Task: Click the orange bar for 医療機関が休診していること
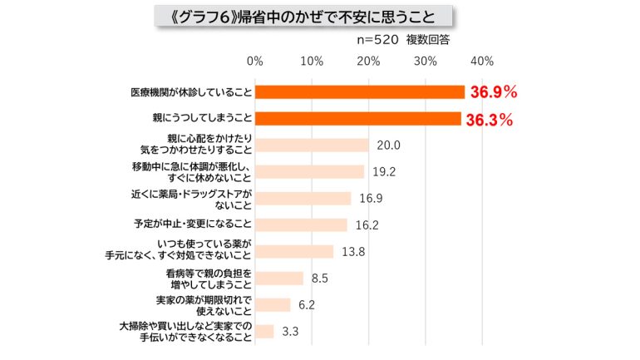click(x=359, y=92)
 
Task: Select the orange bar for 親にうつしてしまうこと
click(x=357, y=119)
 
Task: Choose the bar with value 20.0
click(x=312, y=145)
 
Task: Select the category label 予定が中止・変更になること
click(x=194, y=224)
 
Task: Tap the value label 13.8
click(x=354, y=251)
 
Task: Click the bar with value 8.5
click(x=279, y=278)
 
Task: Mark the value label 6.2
click(x=307, y=304)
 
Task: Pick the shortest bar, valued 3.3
click(x=264, y=331)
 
